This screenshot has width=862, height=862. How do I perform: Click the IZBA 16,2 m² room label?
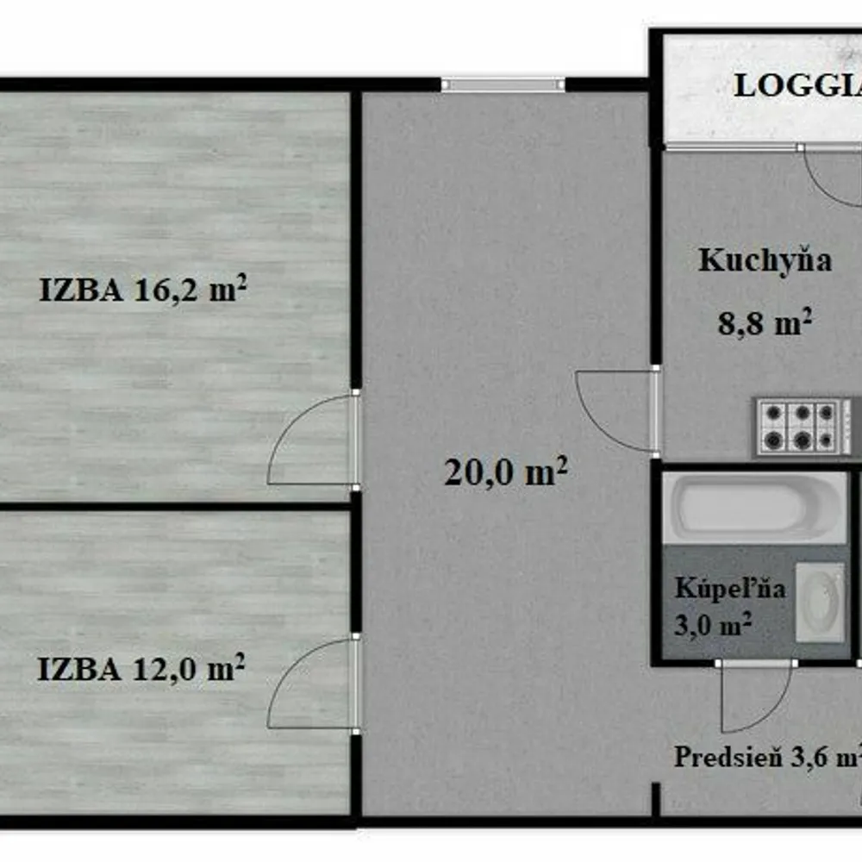[x=143, y=289]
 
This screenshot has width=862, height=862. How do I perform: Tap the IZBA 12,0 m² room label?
[x=141, y=669]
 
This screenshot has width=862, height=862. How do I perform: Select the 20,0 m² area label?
[x=506, y=472]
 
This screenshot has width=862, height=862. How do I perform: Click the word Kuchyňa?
[x=765, y=260]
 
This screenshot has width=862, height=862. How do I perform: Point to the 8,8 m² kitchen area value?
[x=765, y=322]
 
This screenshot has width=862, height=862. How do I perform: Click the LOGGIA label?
[x=797, y=85]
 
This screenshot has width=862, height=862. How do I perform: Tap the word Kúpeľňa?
[x=730, y=588]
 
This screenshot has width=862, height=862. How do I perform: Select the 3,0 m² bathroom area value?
[x=713, y=624]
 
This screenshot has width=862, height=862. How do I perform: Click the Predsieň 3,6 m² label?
[x=768, y=757]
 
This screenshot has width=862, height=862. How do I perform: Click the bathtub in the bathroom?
[x=754, y=508]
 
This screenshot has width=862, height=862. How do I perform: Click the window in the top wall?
[x=503, y=84]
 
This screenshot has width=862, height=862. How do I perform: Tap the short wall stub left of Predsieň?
[x=655, y=799]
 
